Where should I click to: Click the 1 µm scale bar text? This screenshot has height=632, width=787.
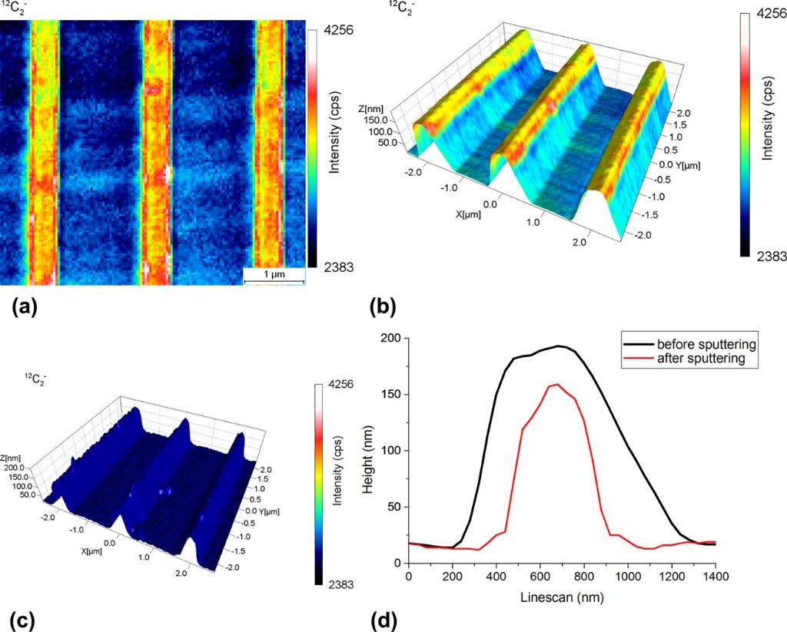273,275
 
